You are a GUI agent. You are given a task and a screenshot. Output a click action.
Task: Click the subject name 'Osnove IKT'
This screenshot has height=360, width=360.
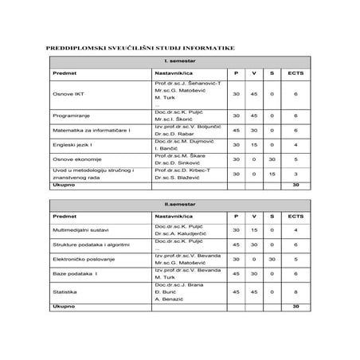click(x=68, y=94)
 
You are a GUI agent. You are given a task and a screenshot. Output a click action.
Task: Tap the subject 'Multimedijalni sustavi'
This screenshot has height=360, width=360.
click(x=83, y=230)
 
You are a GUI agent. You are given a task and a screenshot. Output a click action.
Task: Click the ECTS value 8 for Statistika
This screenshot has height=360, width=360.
click(x=295, y=292)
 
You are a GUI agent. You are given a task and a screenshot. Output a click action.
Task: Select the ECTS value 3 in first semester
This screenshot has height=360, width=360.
click(x=295, y=174)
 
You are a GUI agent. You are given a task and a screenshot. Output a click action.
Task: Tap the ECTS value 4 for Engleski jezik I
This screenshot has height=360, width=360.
click(x=295, y=144)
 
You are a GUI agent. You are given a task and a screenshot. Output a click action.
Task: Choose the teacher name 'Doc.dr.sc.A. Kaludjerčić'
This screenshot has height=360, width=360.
click(x=186, y=233)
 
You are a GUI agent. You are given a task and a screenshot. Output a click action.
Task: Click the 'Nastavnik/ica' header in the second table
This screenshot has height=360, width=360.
click(x=174, y=216)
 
